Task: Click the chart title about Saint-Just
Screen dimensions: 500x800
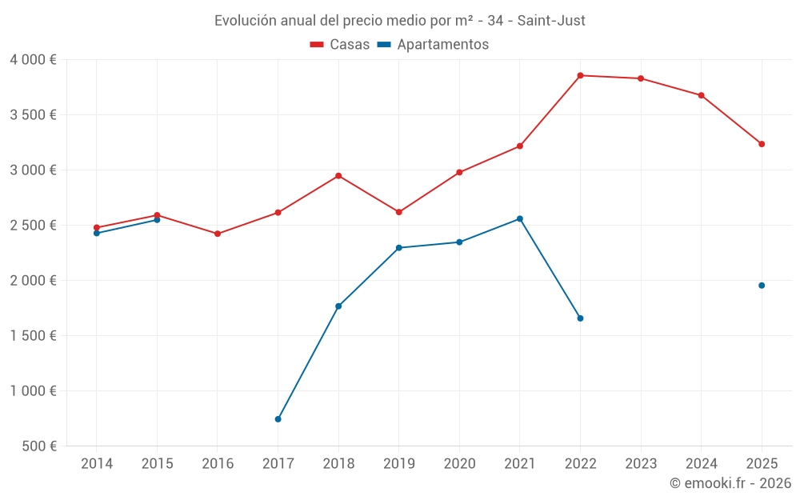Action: click(399, 20)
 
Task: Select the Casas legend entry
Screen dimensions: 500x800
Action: click(340, 44)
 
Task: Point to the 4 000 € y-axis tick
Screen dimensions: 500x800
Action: click(33, 60)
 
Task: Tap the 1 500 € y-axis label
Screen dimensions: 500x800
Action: click(33, 336)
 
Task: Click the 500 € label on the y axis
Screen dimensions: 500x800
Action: click(38, 446)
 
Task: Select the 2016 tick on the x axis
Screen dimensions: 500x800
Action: click(218, 463)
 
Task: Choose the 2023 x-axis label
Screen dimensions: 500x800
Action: click(641, 463)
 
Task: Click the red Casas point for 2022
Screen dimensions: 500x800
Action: click(580, 75)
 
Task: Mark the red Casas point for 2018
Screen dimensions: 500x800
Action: click(338, 176)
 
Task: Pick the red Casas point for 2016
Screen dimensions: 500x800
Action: click(218, 234)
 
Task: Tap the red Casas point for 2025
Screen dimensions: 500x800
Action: click(762, 144)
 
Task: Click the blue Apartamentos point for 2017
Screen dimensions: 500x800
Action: click(278, 419)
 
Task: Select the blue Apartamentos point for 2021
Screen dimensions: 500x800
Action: click(520, 218)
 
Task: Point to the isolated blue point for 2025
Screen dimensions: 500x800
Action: click(762, 286)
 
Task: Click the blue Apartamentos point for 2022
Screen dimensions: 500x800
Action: click(580, 318)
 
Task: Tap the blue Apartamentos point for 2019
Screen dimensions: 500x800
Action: click(398, 248)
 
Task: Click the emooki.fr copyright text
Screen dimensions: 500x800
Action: click(730, 483)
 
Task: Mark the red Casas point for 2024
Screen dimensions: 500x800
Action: click(701, 95)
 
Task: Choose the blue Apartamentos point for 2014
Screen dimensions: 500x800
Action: click(97, 233)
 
